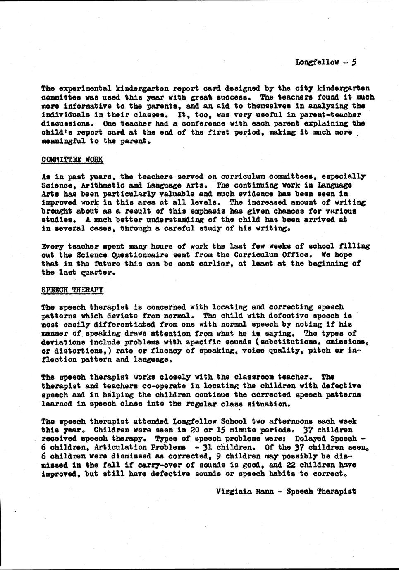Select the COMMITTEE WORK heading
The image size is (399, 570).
point(72,159)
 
